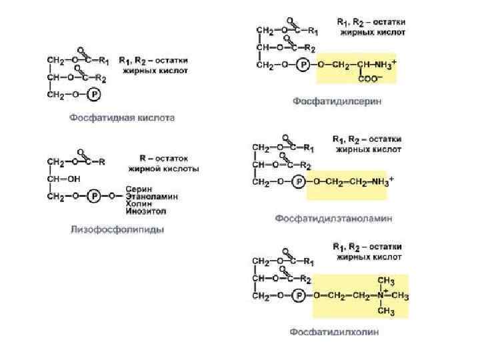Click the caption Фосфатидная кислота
pyautogui.click(x=123, y=118)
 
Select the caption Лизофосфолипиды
pyautogui.click(x=117, y=230)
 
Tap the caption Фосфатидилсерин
pyautogui.click(x=337, y=101)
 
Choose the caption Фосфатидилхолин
pyautogui.click(x=334, y=331)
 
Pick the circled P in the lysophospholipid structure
pyautogui.click(x=96, y=195)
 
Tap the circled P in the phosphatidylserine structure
pyautogui.click(x=303, y=65)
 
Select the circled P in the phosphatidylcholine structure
pyautogui.click(x=300, y=295)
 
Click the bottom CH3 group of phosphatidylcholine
pyautogui.click(x=386, y=311)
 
